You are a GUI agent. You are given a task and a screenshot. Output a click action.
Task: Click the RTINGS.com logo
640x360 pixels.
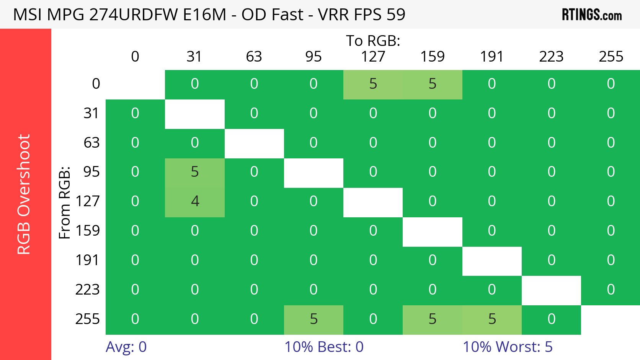591,15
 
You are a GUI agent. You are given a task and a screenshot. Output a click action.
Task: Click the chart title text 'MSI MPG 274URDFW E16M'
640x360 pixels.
119,15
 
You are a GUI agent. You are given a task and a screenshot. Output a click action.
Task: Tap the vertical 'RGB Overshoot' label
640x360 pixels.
24,194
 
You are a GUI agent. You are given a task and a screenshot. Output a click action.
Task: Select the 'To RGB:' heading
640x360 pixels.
373,41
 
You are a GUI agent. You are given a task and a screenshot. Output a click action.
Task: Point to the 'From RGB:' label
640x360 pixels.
65,202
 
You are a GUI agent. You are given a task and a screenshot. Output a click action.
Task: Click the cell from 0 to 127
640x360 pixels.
373,84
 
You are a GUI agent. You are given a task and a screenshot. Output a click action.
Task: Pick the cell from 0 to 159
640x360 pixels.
433,84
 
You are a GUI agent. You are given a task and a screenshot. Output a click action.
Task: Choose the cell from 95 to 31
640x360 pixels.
194,172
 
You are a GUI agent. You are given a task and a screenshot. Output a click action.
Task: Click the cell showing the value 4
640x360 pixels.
194,201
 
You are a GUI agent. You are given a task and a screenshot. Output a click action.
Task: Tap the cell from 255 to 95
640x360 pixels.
313,319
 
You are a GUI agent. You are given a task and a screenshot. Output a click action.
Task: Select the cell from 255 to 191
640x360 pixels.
492,319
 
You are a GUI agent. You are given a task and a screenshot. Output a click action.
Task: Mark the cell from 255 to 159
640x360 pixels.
433,319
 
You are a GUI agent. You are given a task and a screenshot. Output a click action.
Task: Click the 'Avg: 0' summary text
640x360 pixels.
126,347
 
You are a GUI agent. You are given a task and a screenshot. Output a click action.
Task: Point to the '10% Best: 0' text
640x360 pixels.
324,347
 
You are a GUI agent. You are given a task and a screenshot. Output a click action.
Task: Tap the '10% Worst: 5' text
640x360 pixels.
508,347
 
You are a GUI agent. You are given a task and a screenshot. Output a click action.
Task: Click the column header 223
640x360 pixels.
551,57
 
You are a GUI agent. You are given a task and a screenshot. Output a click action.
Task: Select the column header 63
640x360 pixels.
254,57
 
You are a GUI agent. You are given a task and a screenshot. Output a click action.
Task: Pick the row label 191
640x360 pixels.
87,260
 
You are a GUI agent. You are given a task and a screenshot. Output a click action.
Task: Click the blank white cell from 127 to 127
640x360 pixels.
373,202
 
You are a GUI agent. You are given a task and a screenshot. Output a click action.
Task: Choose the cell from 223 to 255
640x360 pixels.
611,290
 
